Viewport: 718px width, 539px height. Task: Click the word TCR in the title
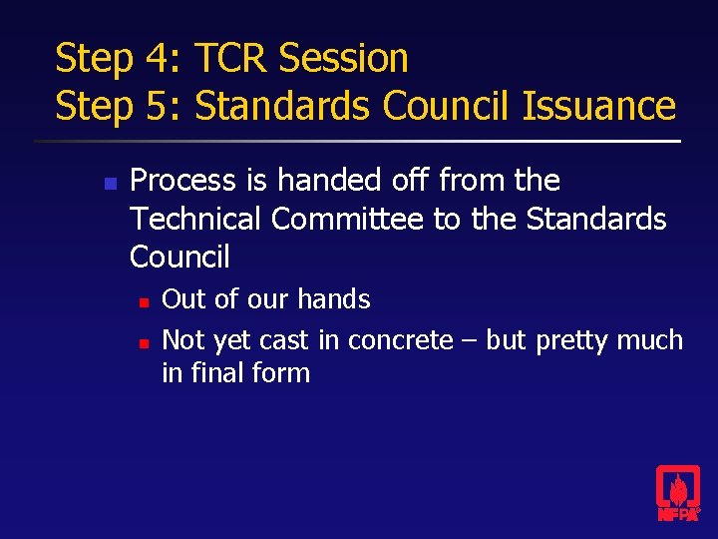coord(231,58)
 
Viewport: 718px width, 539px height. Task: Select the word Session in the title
coord(344,58)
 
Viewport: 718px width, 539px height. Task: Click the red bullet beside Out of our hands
coord(144,300)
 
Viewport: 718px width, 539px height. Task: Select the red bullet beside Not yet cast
coord(144,342)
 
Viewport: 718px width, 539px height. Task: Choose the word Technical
coord(195,219)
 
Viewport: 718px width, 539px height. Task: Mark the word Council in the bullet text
coord(179,257)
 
